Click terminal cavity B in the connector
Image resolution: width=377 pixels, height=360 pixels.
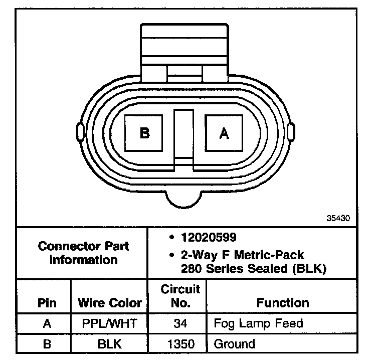click(x=143, y=133)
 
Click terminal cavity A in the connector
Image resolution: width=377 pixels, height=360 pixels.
click(x=224, y=133)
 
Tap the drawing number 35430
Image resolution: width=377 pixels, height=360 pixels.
click(x=338, y=218)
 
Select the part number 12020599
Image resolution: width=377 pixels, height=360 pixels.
click(x=209, y=237)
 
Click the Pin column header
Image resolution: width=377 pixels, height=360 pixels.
click(x=47, y=303)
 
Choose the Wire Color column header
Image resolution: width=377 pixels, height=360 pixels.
click(x=110, y=303)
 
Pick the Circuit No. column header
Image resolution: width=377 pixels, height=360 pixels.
click(x=180, y=296)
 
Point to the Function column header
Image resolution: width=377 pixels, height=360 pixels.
click(x=283, y=303)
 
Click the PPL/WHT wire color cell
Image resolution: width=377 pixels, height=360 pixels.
click(x=109, y=323)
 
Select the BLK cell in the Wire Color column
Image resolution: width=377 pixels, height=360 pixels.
click(x=109, y=344)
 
